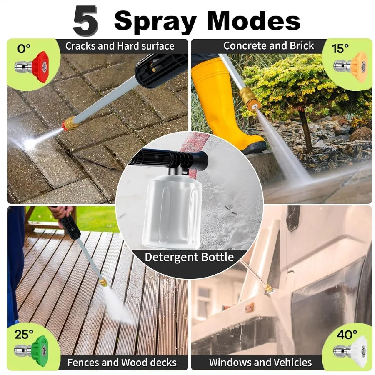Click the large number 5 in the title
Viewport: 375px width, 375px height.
(85, 21)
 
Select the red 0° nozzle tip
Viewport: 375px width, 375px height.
(39, 65)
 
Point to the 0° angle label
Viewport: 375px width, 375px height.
(24, 49)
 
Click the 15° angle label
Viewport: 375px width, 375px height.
(340, 48)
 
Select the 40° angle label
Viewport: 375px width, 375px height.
(347, 334)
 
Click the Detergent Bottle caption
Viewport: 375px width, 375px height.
(189, 257)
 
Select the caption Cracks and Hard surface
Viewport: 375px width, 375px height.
(120, 46)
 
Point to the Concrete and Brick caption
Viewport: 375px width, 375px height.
(268, 46)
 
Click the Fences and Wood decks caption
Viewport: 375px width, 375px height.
(122, 362)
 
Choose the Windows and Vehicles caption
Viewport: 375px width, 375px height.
(260, 362)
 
